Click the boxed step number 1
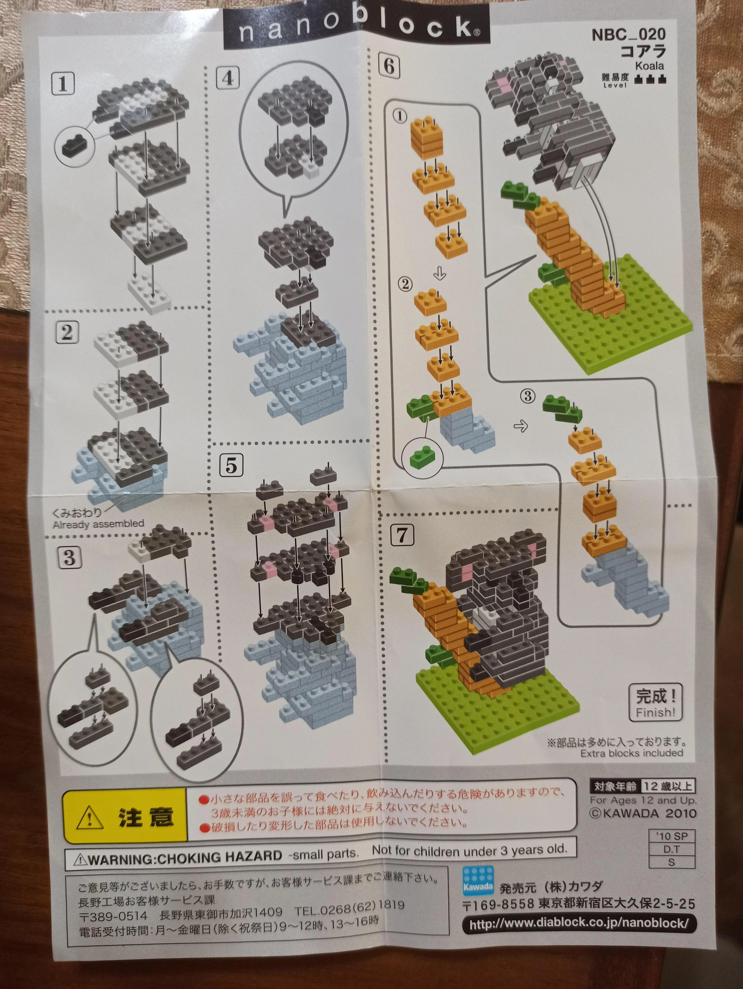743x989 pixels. click(x=63, y=84)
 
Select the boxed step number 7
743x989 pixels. click(x=402, y=535)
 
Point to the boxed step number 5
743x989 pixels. click(x=231, y=465)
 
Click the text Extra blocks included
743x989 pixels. click(x=632, y=753)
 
